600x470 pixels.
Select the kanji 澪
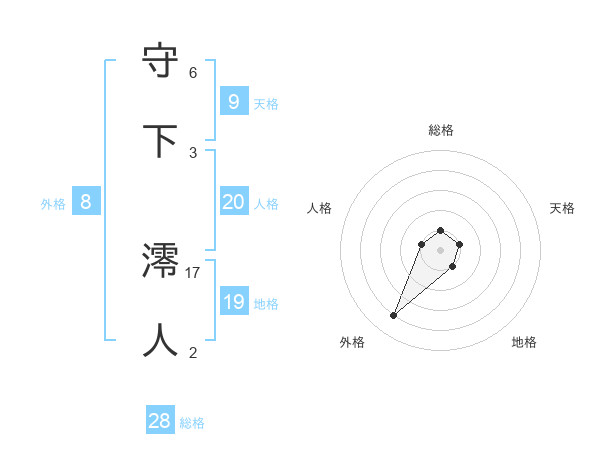(x=161, y=262)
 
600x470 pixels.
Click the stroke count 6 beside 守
(x=193, y=72)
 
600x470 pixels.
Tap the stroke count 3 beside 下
(x=193, y=151)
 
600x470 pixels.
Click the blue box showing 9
(x=233, y=101)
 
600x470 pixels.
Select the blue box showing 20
(x=233, y=202)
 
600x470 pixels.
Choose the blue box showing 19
(x=233, y=302)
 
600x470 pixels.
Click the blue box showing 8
(x=86, y=202)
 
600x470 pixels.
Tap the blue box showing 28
(x=160, y=421)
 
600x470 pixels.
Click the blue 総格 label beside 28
(x=193, y=423)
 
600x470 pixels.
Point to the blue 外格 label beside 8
(x=53, y=204)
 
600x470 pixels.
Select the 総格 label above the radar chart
(x=441, y=130)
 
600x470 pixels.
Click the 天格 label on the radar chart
(x=562, y=208)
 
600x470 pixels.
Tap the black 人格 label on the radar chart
(x=319, y=208)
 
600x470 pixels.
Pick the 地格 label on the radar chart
(x=524, y=342)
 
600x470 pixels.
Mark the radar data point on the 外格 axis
(x=394, y=316)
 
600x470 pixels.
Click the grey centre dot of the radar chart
(x=441, y=250)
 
